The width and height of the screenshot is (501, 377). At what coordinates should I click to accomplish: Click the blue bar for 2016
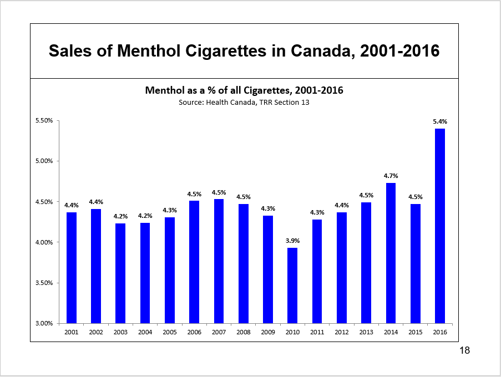tap(440, 226)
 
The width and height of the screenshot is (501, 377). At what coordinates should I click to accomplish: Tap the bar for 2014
tap(391, 253)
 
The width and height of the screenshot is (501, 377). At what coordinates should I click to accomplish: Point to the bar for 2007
tap(219, 261)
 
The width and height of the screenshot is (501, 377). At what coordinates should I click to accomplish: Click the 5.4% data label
tap(440, 121)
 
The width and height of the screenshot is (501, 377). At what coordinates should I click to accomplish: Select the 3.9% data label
tap(292, 241)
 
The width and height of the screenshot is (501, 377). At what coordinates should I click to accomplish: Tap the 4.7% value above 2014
tap(391, 176)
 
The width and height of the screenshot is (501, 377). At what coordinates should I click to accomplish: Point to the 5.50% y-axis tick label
tap(43, 121)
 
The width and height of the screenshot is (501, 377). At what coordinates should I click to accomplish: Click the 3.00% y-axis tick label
tap(43, 323)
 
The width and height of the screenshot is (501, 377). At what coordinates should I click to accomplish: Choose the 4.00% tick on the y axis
tap(43, 242)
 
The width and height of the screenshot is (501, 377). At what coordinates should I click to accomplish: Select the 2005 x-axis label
tap(170, 333)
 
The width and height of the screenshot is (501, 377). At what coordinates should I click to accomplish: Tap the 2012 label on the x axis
tap(342, 333)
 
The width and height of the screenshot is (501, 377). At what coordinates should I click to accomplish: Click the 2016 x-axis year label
tap(440, 333)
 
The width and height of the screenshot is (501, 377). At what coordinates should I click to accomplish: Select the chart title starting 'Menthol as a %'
tap(244, 90)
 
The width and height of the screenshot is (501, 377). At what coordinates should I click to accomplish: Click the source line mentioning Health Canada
tap(244, 103)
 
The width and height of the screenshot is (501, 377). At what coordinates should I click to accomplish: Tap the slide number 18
tap(465, 350)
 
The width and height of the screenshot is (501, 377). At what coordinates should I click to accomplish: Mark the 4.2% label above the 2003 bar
tap(120, 216)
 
